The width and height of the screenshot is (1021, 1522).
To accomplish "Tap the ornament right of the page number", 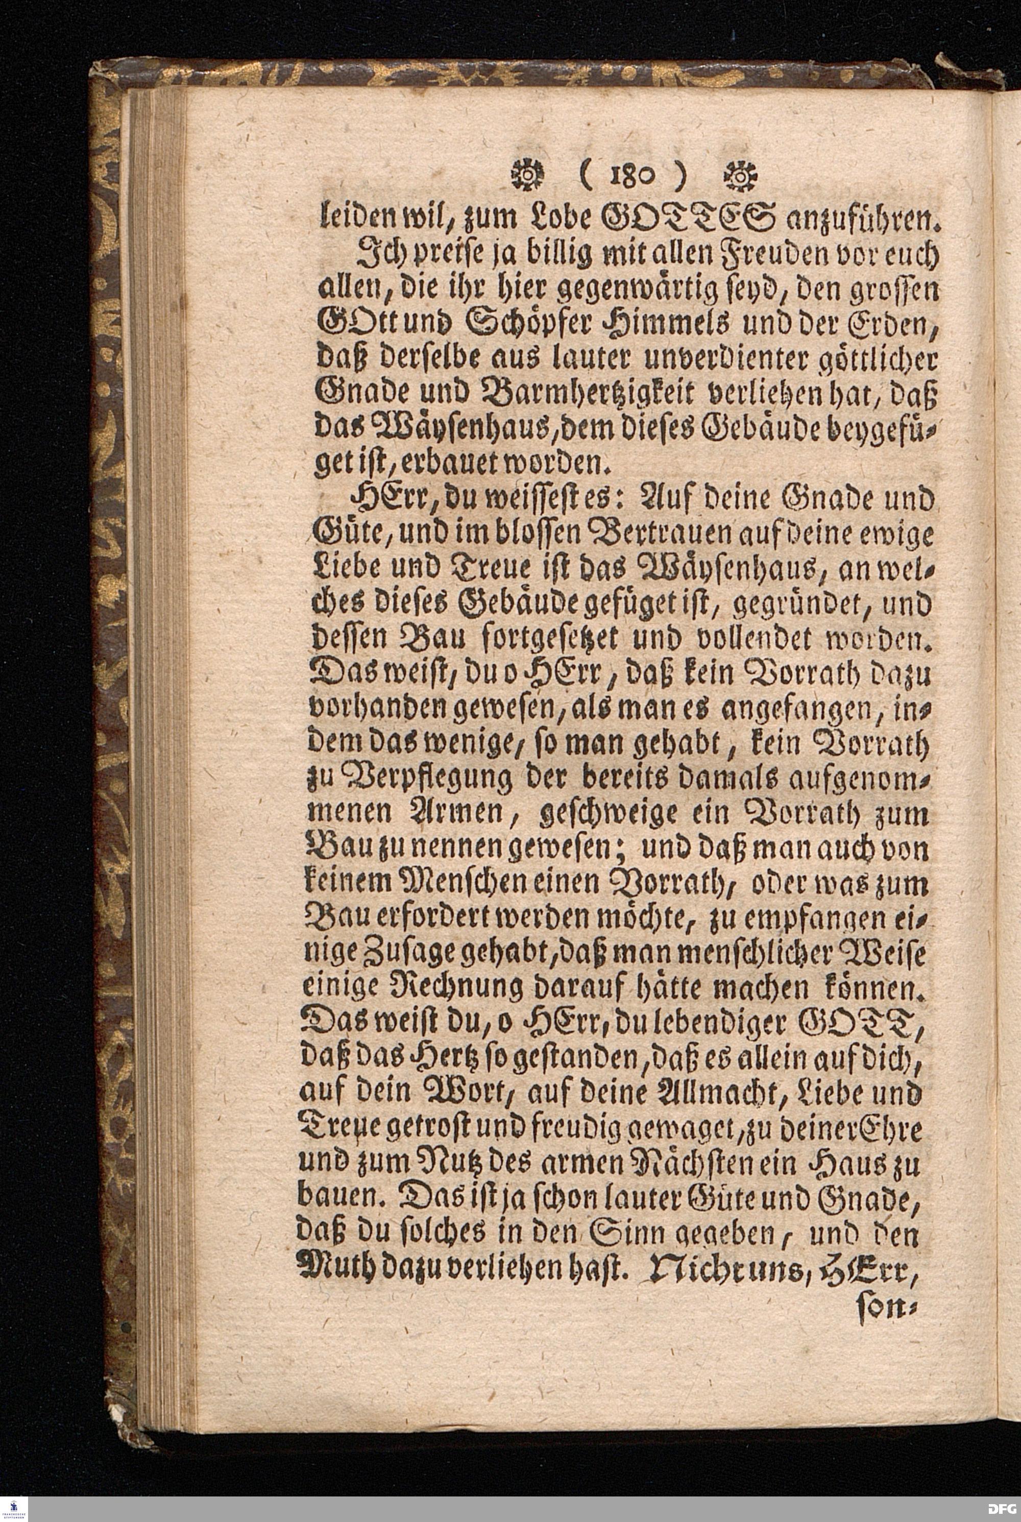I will [738, 176].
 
